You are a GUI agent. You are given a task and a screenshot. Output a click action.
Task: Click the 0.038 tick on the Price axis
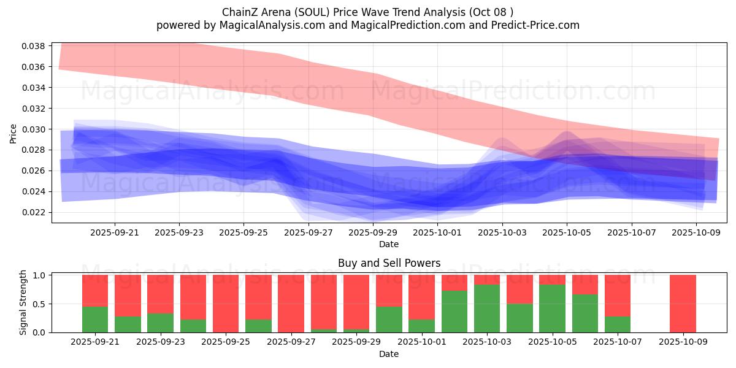[x=34, y=46]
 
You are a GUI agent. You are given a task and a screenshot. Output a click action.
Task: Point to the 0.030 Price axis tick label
[x=34, y=129]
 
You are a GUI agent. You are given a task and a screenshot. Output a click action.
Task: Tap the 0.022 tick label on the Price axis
[x=34, y=212]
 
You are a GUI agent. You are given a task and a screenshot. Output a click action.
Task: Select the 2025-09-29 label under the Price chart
[x=373, y=233]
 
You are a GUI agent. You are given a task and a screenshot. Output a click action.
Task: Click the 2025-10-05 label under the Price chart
[x=567, y=233]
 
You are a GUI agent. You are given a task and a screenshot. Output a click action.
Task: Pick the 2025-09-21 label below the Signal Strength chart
[x=94, y=342]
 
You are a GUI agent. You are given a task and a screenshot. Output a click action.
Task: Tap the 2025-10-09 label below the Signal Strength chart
[x=683, y=342]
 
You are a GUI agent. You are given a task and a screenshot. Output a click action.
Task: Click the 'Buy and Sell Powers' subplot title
[x=389, y=263]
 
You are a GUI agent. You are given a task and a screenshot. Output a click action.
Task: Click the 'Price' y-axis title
[x=13, y=133]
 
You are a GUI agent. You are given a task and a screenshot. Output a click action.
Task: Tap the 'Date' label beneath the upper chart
[x=389, y=244]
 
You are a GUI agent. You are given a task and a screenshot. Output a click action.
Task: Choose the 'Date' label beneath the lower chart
[x=389, y=354]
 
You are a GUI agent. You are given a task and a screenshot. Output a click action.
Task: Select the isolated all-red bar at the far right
[x=683, y=304]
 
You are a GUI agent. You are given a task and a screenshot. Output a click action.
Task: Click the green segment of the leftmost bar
[x=94, y=319]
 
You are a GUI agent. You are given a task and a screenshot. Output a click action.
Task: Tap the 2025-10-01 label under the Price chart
[x=437, y=233]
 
